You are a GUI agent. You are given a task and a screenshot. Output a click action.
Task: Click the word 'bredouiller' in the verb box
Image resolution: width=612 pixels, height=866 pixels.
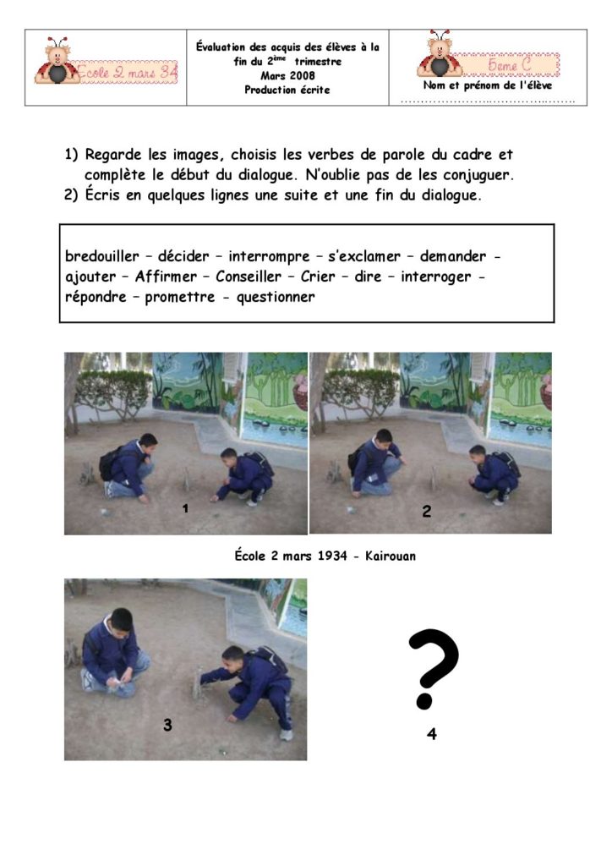102,256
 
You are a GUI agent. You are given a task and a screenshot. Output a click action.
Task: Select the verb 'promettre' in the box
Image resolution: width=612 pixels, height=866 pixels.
180,297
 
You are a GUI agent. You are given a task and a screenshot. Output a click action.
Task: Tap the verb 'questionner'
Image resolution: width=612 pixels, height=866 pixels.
276,297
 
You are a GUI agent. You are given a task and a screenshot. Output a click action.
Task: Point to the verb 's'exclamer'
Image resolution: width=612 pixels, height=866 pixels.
364,256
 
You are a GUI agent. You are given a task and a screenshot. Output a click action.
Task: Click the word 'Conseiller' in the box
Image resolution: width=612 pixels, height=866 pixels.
249,277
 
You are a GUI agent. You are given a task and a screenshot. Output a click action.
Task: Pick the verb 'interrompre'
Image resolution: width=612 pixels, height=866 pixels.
269,257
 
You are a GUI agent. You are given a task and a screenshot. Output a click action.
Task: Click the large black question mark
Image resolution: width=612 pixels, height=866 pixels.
433,669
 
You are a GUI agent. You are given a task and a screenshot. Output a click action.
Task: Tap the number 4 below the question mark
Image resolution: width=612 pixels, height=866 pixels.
432,733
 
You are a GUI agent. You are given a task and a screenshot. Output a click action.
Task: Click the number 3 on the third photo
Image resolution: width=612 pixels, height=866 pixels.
167,725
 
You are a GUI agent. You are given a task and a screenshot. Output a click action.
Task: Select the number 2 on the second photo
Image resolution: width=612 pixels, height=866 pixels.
427,512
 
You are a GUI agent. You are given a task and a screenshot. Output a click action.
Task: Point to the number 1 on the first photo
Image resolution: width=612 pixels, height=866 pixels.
185,508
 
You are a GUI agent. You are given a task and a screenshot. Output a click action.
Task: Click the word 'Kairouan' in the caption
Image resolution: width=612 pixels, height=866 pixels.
391,556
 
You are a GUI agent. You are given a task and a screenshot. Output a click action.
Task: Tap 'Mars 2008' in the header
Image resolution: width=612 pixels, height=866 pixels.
287,75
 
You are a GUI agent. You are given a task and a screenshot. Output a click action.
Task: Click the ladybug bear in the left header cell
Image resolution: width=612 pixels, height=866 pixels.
57,61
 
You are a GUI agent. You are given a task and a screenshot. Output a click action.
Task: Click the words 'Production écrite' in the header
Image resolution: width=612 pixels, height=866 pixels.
287,90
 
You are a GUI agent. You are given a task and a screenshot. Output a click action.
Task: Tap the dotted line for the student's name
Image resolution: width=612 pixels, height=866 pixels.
488,101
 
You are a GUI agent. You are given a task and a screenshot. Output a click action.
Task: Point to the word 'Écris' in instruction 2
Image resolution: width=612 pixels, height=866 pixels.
102,195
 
